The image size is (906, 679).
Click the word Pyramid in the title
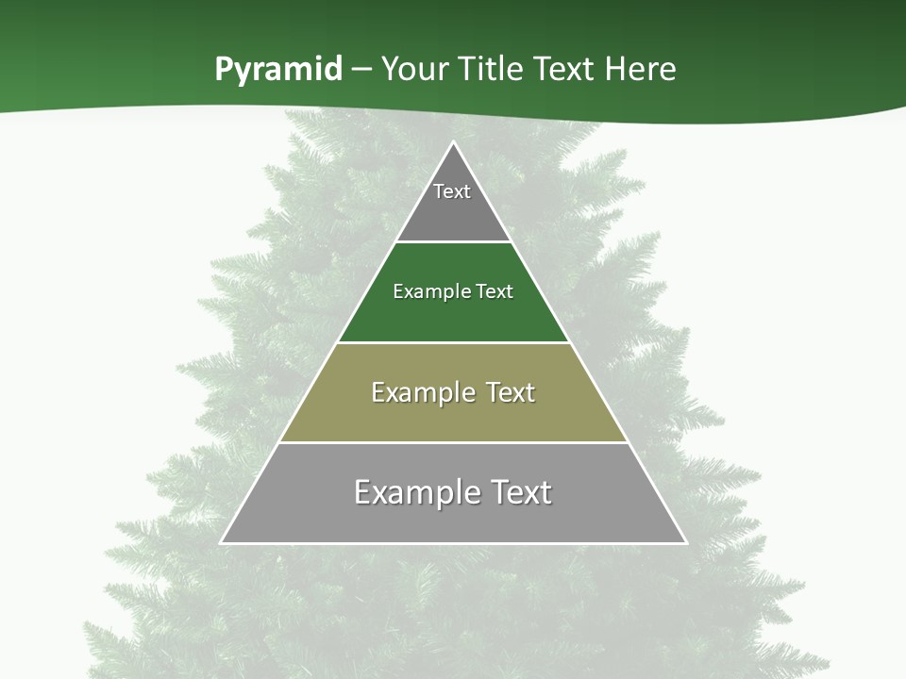coord(278,70)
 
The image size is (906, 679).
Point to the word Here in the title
coord(641,70)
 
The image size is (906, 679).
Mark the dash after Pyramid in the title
coord(361,70)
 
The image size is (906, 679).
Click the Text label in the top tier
coord(452,191)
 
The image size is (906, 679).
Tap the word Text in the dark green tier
coord(495,291)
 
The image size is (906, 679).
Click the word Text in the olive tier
coord(512,392)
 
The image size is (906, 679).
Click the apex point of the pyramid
coord(453,142)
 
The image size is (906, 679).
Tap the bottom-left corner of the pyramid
coord(221,543)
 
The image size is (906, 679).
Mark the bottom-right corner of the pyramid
coord(686,543)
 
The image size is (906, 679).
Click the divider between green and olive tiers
coord(453,342)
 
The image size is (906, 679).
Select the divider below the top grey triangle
coord(453,242)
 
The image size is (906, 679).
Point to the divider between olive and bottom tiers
coord(453,442)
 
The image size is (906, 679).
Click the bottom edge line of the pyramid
coord(453,543)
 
